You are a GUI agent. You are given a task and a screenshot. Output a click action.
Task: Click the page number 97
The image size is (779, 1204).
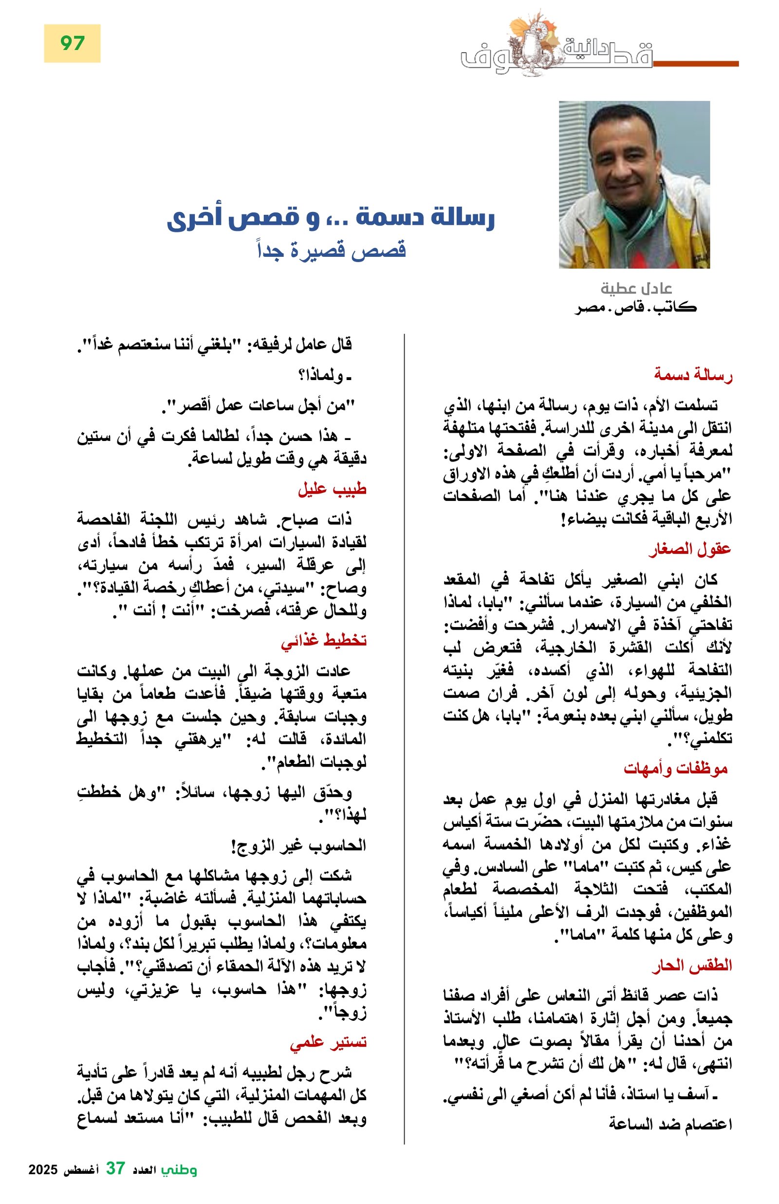[x=72, y=43]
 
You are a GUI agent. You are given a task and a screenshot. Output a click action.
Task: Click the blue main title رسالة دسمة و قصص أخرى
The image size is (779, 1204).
[x=331, y=219]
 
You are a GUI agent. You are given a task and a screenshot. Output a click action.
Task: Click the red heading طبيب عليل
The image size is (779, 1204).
[x=332, y=490]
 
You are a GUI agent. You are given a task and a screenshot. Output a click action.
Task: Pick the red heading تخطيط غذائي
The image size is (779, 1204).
[x=324, y=641]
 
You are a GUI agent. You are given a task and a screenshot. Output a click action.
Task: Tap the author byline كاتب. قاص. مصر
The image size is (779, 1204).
[x=635, y=307]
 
